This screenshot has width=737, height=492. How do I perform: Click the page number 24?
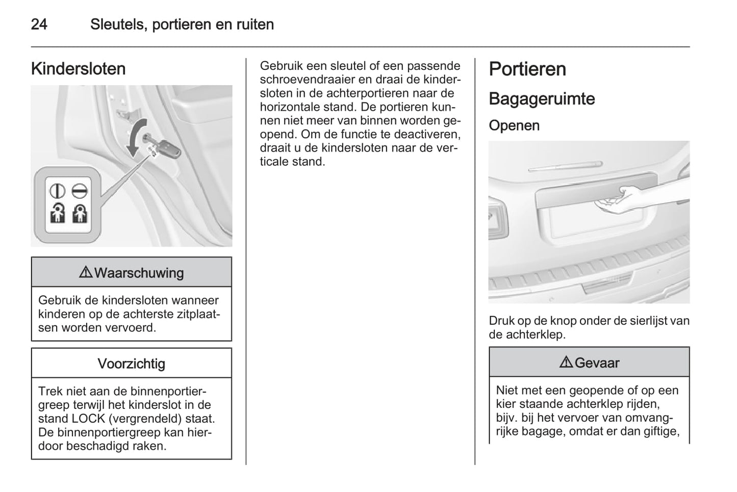click(39, 24)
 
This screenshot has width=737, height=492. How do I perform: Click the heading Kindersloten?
click(79, 69)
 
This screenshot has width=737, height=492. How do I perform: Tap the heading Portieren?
click(527, 69)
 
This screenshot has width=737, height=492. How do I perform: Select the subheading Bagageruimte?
click(542, 99)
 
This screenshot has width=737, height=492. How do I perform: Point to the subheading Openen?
click(514, 125)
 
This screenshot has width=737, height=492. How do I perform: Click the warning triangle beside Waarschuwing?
click(86, 272)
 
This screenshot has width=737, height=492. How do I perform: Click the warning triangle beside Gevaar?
click(566, 362)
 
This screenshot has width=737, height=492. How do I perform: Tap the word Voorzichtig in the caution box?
click(132, 364)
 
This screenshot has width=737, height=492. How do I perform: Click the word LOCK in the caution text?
click(88, 419)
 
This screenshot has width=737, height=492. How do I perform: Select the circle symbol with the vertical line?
click(57, 191)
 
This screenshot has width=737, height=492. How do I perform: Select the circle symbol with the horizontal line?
click(79, 191)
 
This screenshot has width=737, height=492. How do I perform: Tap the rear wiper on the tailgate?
click(565, 166)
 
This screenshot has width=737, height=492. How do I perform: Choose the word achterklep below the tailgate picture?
click(536, 334)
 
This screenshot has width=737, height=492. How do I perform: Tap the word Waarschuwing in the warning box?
click(139, 273)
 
